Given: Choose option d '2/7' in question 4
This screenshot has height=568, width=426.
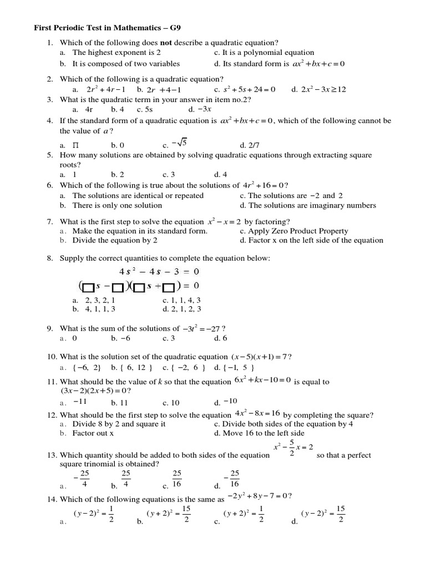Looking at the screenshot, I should (x=246, y=145).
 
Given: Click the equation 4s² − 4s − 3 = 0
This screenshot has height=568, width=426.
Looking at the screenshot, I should (x=159, y=272).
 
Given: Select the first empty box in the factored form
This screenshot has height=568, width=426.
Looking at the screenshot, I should (x=88, y=286).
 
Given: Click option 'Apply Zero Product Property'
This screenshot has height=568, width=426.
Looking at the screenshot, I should (x=290, y=231).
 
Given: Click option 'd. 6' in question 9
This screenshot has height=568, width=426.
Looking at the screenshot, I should (x=220, y=338).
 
